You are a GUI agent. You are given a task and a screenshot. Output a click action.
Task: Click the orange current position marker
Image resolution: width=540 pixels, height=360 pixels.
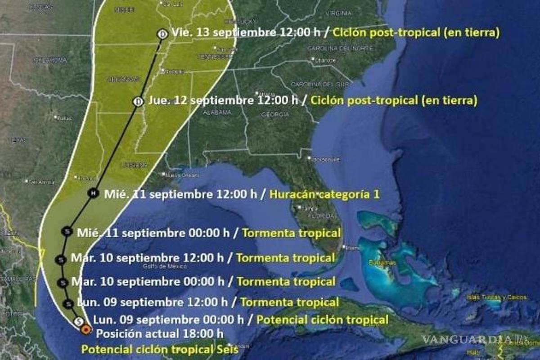pos(85,330)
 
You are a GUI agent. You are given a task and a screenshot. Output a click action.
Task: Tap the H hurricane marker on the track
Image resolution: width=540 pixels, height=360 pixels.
pos(93,193)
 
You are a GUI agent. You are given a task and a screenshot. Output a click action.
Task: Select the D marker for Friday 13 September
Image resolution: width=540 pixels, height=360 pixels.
pos(162,33)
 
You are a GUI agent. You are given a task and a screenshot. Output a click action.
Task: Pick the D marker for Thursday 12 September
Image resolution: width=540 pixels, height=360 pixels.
pos(138,101)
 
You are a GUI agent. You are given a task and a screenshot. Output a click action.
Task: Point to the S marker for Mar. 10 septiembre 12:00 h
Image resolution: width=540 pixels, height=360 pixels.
pos(62,259)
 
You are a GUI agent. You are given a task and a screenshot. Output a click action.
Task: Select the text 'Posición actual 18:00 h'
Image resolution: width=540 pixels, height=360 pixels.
pos(160,334)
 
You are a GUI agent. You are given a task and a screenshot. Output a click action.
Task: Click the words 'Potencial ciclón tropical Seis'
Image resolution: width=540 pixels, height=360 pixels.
pos(160,349)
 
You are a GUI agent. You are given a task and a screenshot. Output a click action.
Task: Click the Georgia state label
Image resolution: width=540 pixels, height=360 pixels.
pos(274,115)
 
